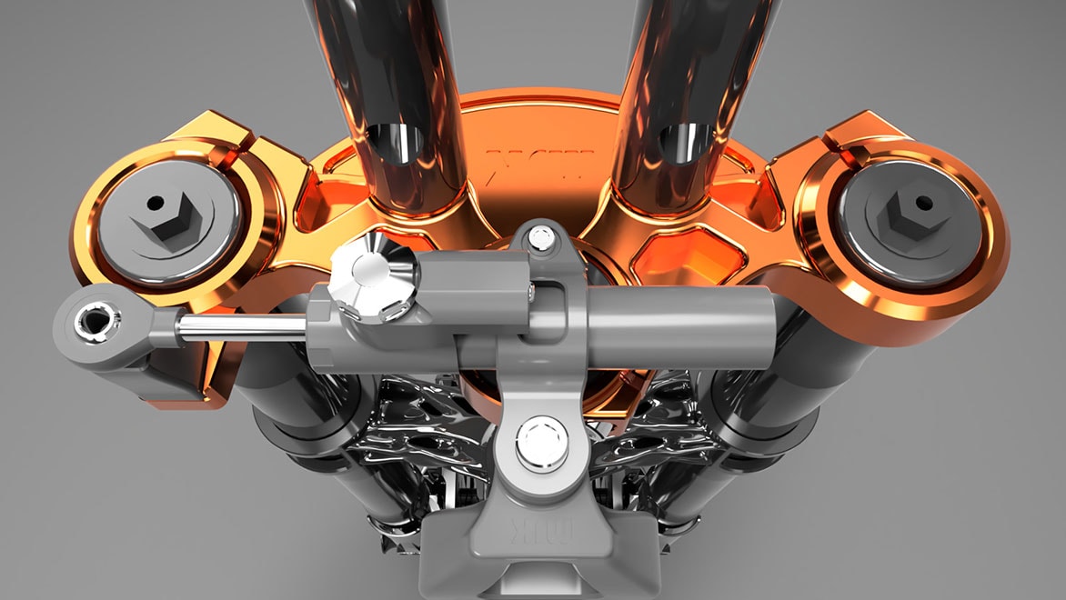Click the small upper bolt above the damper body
coord(542,239)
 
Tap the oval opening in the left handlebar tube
coord(397,145)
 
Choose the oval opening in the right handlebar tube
coord(685,143)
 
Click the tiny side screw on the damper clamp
coord(530,290)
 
